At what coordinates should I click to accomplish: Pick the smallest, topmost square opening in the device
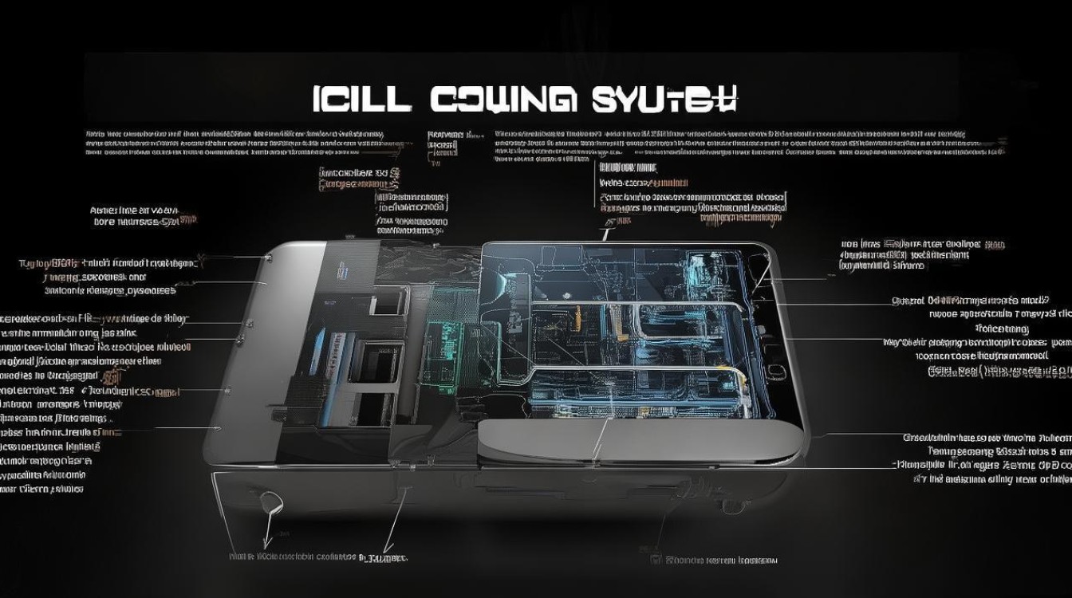pos(386,301)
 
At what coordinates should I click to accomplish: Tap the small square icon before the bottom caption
pos(655,560)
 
